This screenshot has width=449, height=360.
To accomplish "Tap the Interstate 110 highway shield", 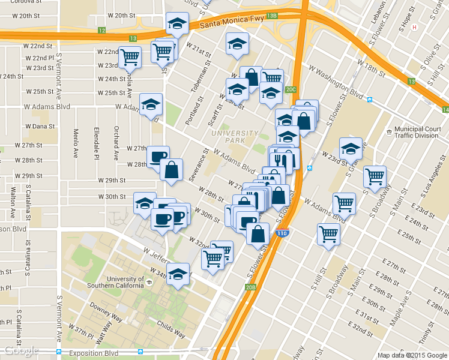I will [282, 232].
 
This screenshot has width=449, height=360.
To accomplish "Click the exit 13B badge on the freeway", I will [272, 16].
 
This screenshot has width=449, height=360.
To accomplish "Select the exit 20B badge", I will [250, 287].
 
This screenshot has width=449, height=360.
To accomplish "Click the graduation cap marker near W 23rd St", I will [351, 149].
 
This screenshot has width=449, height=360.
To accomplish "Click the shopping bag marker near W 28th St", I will [172, 170].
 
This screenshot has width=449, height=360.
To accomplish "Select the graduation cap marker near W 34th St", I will [178, 274].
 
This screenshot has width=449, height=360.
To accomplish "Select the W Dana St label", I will [41, 127].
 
